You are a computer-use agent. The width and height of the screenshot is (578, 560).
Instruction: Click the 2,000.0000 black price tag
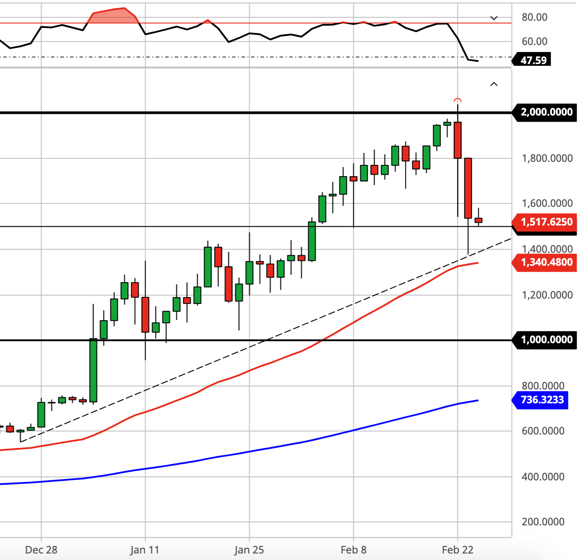click(x=544, y=112)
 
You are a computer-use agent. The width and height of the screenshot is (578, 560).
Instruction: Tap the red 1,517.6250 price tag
click(x=544, y=222)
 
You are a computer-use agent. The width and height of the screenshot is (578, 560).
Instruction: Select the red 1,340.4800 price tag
click(x=544, y=263)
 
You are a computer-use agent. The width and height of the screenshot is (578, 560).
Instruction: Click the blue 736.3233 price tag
click(x=540, y=400)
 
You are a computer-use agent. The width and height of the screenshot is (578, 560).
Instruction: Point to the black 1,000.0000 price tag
click(x=544, y=340)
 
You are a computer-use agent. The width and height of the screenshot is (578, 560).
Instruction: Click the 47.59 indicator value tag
click(x=531, y=60)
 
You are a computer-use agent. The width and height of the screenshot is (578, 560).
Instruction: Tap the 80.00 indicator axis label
click(x=534, y=17)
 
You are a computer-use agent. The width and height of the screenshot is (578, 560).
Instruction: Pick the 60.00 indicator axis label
click(x=534, y=41)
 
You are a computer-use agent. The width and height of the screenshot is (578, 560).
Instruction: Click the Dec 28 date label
click(x=41, y=550)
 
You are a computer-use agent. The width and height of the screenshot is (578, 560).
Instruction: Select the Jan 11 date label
click(x=145, y=550)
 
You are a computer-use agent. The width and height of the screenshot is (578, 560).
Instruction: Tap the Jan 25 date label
click(x=249, y=550)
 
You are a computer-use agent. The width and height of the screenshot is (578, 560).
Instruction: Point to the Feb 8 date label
click(x=354, y=550)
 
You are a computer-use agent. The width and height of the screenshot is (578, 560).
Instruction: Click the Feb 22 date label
click(x=458, y=550)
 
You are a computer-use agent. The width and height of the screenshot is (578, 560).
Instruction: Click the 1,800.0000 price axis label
click(x=547, y=158)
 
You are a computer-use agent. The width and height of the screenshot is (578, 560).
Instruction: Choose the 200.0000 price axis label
click(x=543, y=522)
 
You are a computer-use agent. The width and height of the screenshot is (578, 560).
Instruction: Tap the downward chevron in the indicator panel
click(x=494, y=18)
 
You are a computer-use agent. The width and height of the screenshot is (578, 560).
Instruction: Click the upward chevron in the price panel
click(x=494, y=84)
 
